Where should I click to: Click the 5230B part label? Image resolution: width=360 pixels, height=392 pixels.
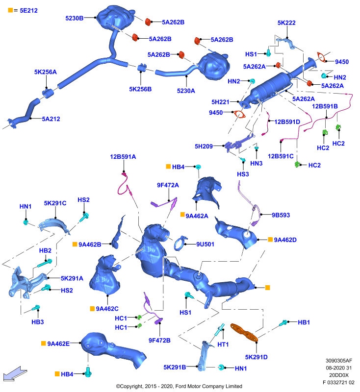coord(74,18)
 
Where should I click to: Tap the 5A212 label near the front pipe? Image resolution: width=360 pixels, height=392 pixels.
coord(51,119)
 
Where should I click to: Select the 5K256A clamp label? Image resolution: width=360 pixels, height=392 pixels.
coord(46,72)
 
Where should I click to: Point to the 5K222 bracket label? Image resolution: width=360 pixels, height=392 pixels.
coord(286,23)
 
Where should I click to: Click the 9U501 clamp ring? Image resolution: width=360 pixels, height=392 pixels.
coord(180,244)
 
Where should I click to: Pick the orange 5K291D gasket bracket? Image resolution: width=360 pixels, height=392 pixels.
coord(244,332)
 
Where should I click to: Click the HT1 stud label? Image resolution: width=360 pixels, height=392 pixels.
coord(223,344)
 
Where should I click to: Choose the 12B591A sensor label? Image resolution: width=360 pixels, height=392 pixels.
coord(123,157)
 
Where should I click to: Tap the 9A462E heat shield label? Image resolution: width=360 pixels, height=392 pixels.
coord(58,344)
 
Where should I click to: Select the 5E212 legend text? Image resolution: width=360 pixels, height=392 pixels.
coord(29,10)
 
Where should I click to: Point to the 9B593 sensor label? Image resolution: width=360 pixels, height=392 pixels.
coord(281,215)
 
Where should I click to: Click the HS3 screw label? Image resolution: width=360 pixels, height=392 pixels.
coord(243,174)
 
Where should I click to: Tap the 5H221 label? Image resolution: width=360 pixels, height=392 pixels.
coord(220,102)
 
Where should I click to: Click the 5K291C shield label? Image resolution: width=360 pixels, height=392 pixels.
coord(55,203)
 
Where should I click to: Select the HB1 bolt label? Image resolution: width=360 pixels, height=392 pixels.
coord(304,322)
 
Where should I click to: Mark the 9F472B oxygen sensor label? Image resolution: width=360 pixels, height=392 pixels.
coord(159,341)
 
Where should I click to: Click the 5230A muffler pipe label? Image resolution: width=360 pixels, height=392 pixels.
coord(186,91)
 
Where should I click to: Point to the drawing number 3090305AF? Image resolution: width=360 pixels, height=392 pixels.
coord(339,361)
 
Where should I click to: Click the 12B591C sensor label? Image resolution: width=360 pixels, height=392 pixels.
coord(281,156)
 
